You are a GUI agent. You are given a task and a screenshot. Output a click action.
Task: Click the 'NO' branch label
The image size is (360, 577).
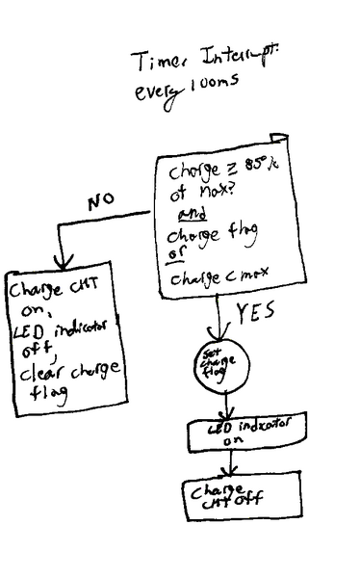point(101,203)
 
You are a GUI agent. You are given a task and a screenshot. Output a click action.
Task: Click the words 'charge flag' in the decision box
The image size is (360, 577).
point(213,236)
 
